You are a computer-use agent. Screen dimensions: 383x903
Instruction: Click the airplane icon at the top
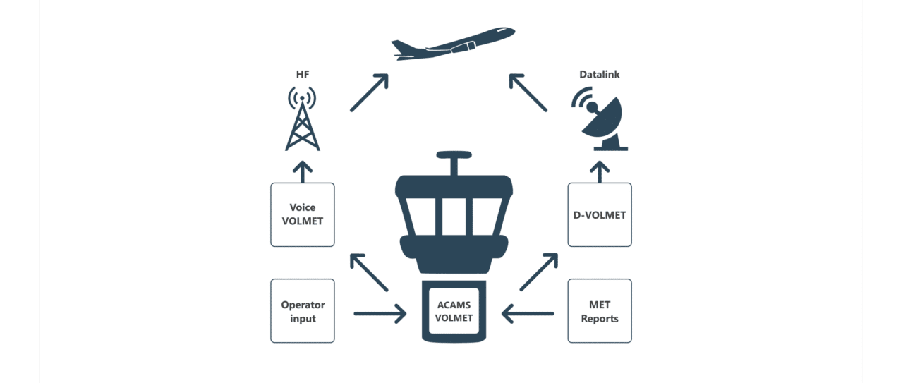click(x=453, y=44)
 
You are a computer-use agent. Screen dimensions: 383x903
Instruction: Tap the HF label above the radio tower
click(x=302, y=74)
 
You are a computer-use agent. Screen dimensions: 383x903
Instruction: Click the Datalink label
click(x=599, y=74)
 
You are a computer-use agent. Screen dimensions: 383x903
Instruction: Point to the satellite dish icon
click(x=602, y=121)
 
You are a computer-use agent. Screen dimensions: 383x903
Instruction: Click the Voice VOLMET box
click(x=303, y=214)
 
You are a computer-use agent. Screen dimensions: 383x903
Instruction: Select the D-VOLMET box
click(x=600, y=214)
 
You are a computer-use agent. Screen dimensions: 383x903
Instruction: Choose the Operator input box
click(x=303, y=311)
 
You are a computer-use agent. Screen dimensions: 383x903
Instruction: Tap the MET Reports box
click(x=600, y=311)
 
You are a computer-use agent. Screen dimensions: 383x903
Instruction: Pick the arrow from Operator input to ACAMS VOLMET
click(x=380, y=312)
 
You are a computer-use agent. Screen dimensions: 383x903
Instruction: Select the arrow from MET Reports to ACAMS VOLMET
click(x=527, y=312)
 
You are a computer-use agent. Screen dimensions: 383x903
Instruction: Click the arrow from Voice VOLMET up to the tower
click(x=303, y=171)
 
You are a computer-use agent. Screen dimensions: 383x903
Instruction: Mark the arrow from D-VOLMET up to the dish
click(x=600, y=171)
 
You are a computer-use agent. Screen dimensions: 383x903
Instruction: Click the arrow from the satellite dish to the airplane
click(x=528, y=92)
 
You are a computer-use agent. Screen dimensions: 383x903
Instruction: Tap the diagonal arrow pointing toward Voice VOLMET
click(x=369, y=273)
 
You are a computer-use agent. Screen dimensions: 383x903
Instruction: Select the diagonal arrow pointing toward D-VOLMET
click(x=539, y=273)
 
